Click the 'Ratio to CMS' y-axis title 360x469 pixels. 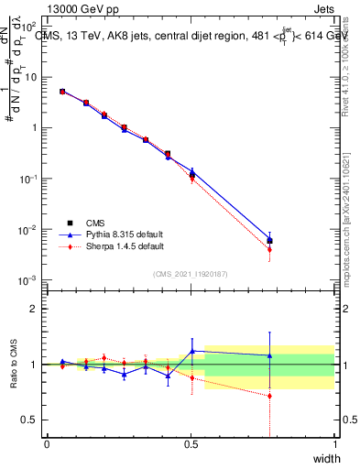13,365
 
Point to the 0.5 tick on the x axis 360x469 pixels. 191,445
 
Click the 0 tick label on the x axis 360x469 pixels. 47,445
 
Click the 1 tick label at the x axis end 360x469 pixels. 334,445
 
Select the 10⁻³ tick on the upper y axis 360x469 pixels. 30,279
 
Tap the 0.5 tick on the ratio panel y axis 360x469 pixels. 31,420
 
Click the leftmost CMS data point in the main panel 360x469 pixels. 61,92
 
